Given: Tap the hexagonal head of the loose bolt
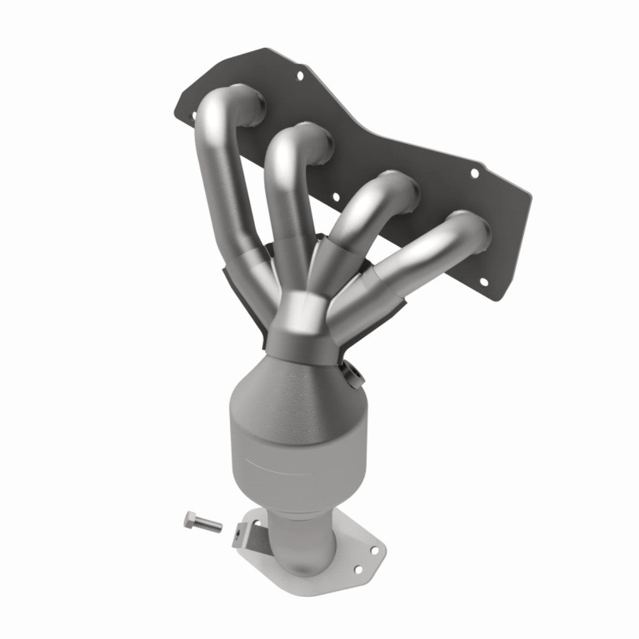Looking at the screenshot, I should pos(190,518).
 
